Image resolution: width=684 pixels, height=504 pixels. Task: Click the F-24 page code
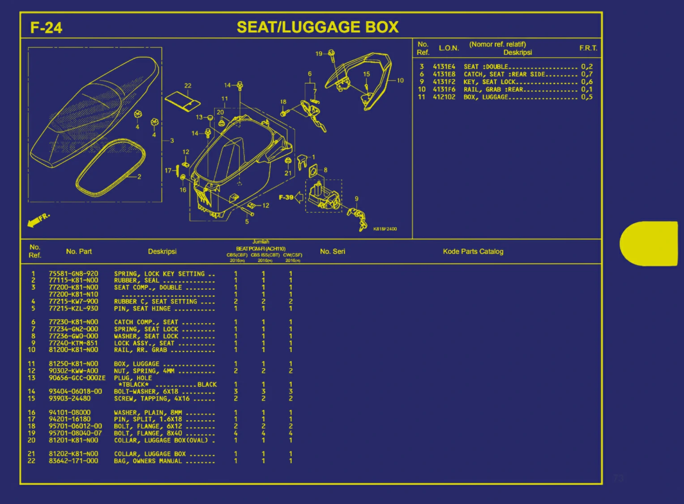(46, 28)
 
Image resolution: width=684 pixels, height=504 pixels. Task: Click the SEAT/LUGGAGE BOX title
(317, 27)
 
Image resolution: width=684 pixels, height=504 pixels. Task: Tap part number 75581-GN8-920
(73, 274)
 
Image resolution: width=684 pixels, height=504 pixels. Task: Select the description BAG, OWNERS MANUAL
(148, 461)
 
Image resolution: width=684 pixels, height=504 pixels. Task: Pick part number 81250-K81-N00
(73, 364)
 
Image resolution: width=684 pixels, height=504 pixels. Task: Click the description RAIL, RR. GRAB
(141, 350)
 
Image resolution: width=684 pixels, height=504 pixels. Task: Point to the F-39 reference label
(286, 197)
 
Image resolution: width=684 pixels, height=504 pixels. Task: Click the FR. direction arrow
(38, 220)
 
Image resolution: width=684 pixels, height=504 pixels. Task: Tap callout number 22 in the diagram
(188, 86)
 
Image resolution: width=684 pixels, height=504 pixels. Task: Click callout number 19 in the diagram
(319, 54)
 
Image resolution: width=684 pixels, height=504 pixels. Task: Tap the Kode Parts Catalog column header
(473, 251)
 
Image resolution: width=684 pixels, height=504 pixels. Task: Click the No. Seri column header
(332, 251)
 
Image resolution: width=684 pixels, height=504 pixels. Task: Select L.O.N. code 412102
(444, 97)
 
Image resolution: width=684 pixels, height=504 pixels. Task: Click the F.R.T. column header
(588, 48)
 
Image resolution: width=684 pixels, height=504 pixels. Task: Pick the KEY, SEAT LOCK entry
(489, 82)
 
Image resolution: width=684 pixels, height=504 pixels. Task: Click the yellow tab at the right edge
(650, 243)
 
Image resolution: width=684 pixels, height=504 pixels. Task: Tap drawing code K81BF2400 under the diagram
(385, 229)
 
